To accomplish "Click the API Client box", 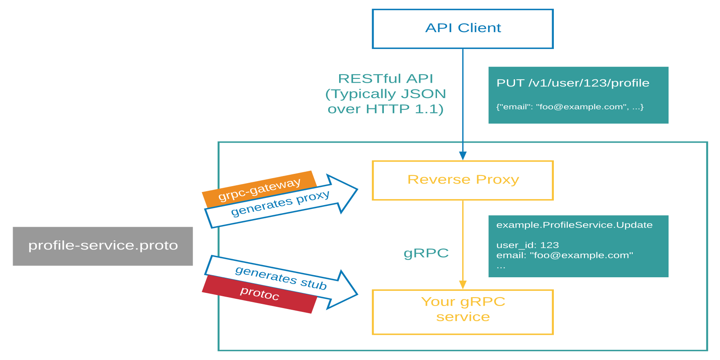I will (463, 29).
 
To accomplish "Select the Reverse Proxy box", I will (463, 180).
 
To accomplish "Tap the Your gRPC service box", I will (463, 312).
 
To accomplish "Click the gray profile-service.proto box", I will (103, 246).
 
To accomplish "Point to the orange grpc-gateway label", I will (259, 189).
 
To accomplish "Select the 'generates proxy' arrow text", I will (280, 203).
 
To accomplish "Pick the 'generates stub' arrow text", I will (280, 278).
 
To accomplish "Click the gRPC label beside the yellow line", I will (426, 253).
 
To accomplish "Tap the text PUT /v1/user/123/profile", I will (572, 83).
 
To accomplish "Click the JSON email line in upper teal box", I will (569, 107).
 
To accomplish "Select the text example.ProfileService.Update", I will (574, 225).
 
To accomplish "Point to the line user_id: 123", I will (527, 245).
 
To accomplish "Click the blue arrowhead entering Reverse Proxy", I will (463, 156).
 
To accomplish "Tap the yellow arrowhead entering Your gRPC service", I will (463, 285).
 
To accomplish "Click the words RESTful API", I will (386, 78).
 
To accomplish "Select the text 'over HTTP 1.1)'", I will (386, 109).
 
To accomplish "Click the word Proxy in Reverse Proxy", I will (497, 179).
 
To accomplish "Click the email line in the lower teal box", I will (564, 255).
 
